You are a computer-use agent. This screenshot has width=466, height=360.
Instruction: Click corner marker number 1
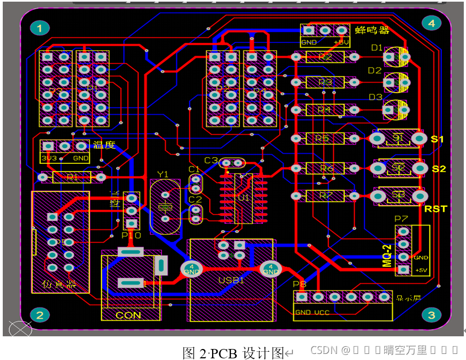point(40,28)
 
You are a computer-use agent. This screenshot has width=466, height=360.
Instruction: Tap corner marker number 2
point(40,315)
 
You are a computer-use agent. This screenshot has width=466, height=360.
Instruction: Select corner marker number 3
point(431,315)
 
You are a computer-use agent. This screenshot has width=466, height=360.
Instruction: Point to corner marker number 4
point(431,23)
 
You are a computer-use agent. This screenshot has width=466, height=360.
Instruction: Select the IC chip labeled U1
point(243,197)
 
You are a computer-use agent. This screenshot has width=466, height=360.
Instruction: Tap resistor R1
point(71,177)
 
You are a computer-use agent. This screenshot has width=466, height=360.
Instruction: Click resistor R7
point(325,196)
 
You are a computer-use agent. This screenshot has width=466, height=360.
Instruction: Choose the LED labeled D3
point(397,109)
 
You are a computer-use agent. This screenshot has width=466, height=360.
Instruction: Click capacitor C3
point(232,163)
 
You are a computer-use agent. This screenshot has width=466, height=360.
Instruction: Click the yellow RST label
point(436,208)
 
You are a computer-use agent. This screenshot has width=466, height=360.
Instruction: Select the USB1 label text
point(232,280)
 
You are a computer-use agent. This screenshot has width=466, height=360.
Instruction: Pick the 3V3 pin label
point(48,158)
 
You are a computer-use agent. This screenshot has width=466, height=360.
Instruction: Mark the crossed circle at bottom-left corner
point(20,329)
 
